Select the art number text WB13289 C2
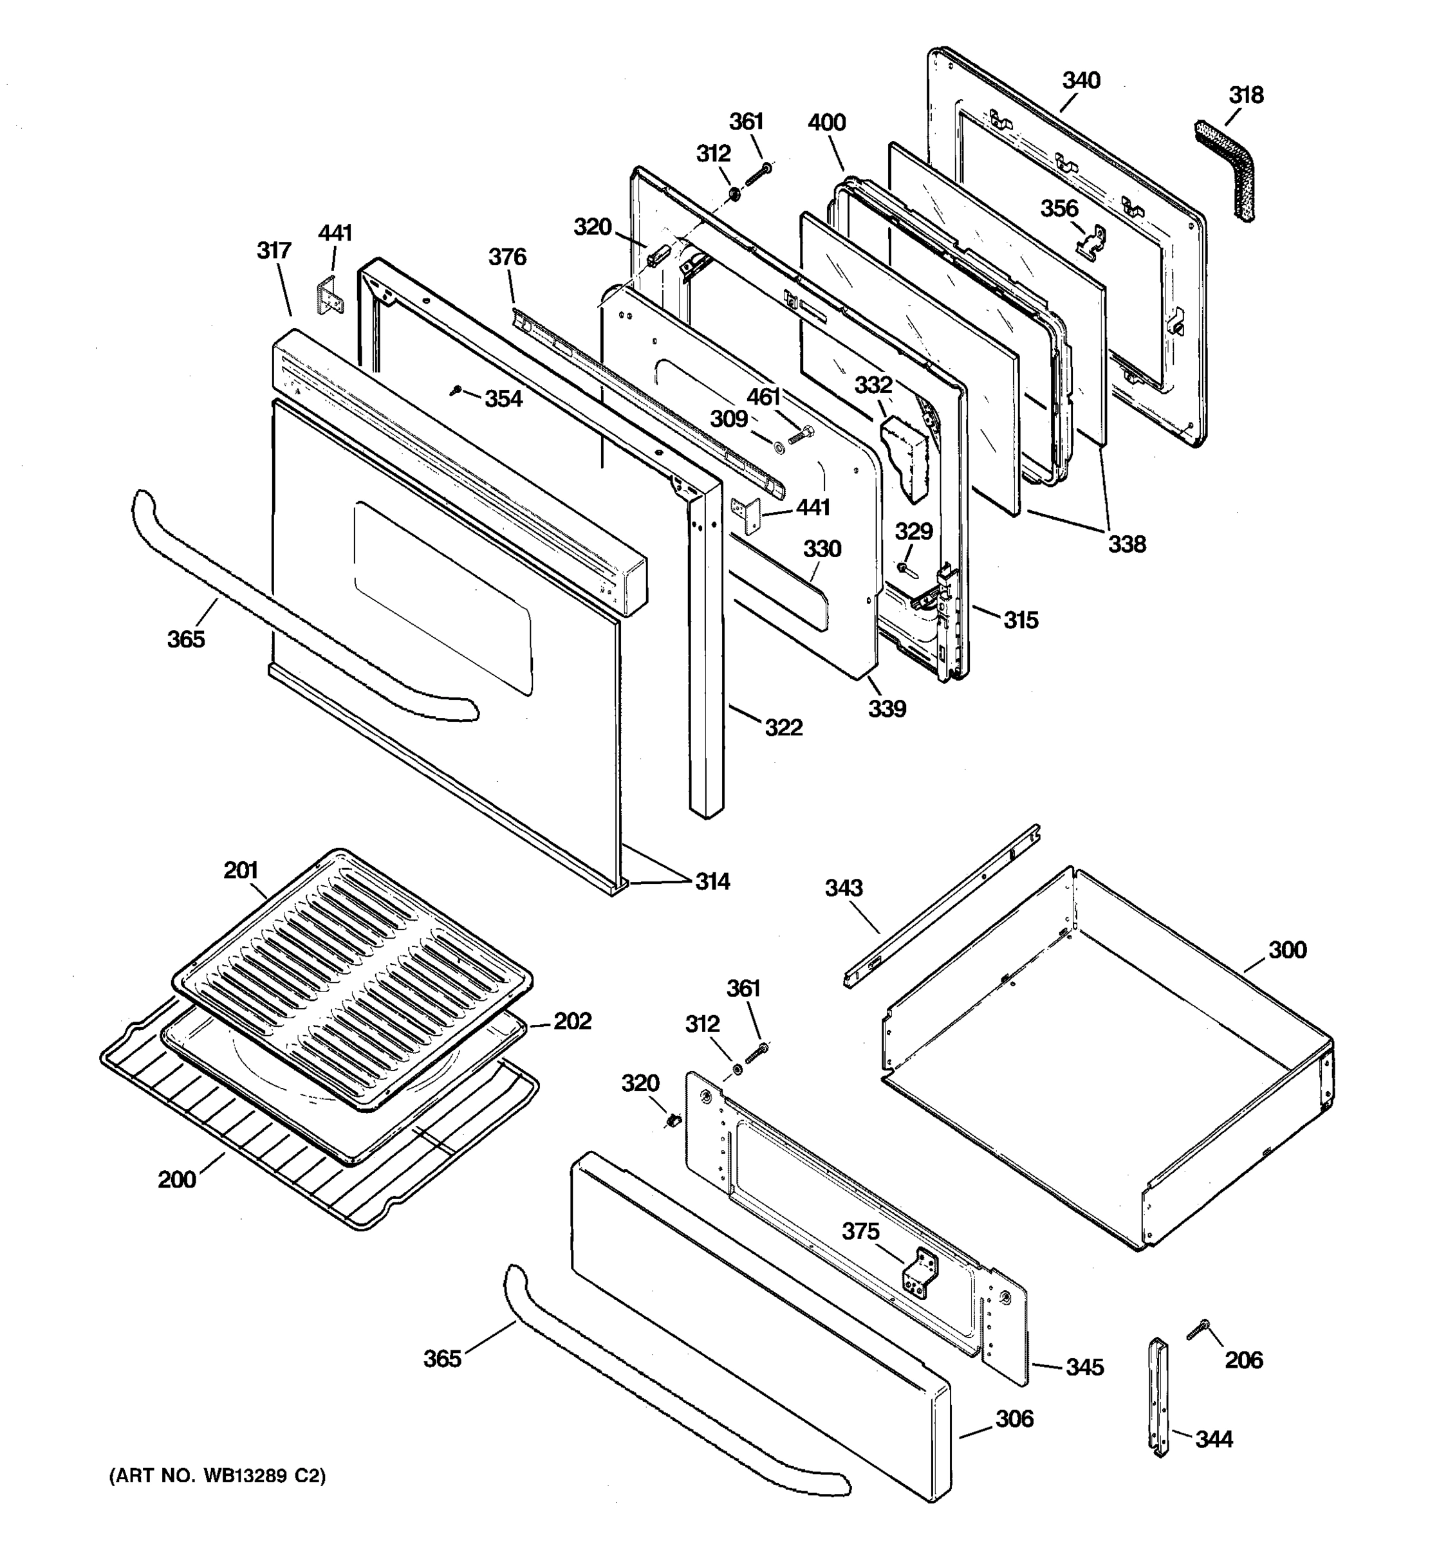[x=218, y=1476]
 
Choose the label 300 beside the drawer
[x=1287, y=950]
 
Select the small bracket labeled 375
[x=920, y=1272]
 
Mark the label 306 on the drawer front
[x=1014, y=1419]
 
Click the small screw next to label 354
[x=457, y=391]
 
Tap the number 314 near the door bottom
[x=712, y=881]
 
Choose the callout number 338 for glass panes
[x=1126, y=544]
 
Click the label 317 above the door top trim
[x=274, y=251]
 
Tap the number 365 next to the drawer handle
[x=442, y=1358]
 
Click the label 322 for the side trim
[x=783, y=728]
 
